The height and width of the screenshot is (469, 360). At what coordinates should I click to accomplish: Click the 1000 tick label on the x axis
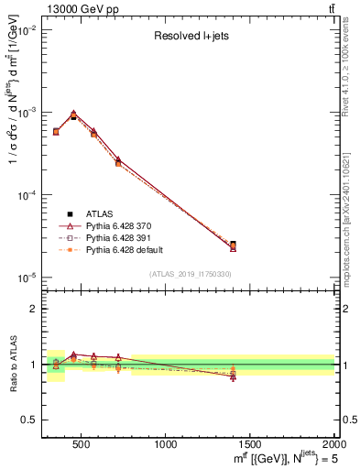point(166,445)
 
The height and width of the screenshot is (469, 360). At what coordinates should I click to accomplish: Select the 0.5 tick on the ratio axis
point(30,420)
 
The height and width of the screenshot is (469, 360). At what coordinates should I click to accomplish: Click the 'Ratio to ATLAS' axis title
point(15,364)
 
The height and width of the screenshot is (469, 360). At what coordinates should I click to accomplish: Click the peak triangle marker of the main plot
point(73,114)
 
